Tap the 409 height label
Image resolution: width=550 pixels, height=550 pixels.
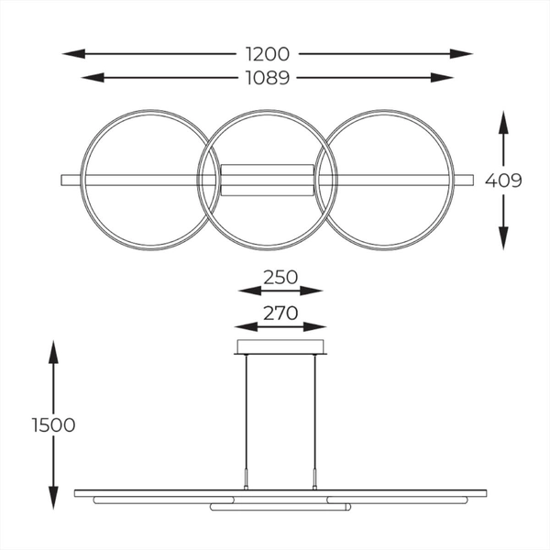coord(504,181)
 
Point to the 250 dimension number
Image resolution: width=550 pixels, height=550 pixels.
coord(280,275)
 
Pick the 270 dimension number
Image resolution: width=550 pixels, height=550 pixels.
coord(280,313)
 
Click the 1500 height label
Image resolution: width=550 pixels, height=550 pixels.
coord(52,424)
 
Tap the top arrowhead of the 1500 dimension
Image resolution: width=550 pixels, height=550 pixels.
coord(53,347)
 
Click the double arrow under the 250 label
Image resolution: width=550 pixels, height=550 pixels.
coord(280,291)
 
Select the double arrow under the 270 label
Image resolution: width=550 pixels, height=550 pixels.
coord(280,326)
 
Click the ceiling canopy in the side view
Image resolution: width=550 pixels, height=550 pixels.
coord(280,346)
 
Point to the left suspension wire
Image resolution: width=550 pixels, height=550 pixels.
coord(246,412)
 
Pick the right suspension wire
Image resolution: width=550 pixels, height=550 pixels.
coord(316,412)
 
